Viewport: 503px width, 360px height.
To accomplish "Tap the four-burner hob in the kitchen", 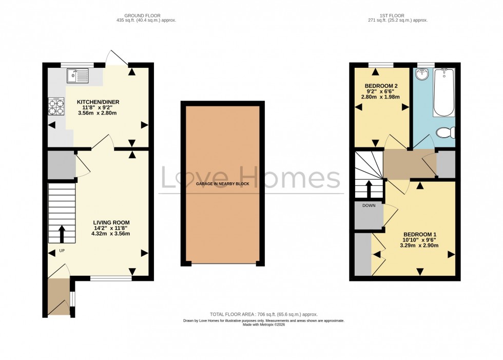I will pyautogui.click(x=56, y=106).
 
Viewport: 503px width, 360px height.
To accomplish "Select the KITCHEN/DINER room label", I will pyautogui.click(x=98, y=102).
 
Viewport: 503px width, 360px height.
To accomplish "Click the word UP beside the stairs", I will pyautogui.click(x=62, y=251).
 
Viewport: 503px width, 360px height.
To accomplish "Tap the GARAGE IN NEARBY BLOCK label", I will pyautogui.click(x=223, y=183).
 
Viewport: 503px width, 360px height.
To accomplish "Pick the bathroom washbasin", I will pyautogui.click(x=422, y=75).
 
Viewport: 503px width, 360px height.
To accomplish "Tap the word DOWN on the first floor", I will pyautogui.click(x=369, y=205).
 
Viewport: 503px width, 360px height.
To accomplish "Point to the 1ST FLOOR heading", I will pyautogui.click(x=398, y=15).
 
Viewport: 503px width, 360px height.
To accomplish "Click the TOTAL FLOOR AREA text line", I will pyautogui.click(x=264, y=314).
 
